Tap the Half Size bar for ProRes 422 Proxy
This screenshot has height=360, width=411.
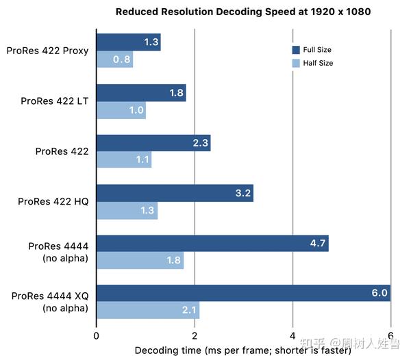click(x=114, y=60)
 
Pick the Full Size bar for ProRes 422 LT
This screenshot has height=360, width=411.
click(x=140, y=92)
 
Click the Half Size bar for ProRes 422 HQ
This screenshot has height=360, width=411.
click(x=127, y=210)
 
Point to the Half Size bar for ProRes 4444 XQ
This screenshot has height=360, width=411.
click(x=147, y=311)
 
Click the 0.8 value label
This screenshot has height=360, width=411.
click(x=121, y=60)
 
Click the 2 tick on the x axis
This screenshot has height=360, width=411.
click(x=195, y=336)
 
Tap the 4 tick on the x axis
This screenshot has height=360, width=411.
click(x=292, y=336)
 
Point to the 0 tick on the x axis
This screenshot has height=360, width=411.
click(x=97, y=336)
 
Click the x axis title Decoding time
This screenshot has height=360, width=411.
click(x=242, y=350)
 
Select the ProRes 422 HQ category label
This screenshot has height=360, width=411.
click(x=53, y=201)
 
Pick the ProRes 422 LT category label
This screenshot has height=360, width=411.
click(x=55, y=101)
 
